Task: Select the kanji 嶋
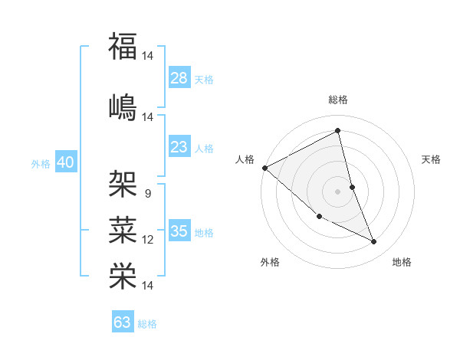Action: coord(123,106)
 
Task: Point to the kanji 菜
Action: coord(123,229)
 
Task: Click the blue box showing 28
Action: coord(179,77)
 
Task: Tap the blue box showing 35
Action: coord(179,231)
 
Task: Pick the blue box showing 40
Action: coord(65,162)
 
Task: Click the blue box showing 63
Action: coord(123,322)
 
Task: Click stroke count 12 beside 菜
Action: coord(148,240)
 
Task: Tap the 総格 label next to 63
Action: coord(147,324)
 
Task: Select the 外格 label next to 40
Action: coord(41,163)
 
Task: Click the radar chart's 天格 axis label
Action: coord(432,159)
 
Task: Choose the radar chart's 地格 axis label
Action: coord(402,262)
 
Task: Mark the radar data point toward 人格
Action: coord(264,168)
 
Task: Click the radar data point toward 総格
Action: coord(338,131)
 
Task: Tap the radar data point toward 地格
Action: coord(374,242)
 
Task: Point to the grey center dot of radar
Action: coord(338,191)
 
